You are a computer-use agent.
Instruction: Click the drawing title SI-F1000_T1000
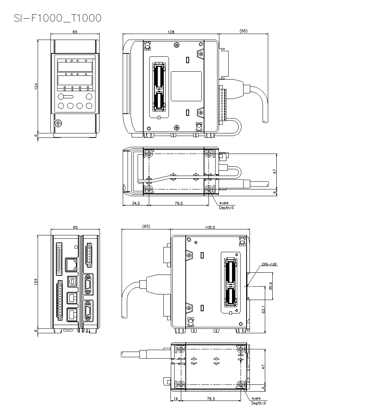[57, 18]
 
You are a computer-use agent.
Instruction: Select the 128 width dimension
[171, 32]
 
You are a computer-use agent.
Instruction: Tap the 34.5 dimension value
[136, 203]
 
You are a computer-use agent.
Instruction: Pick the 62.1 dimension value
[263, 309]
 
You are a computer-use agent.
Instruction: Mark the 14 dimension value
[176, 399]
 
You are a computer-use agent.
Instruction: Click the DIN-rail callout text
[270, 265]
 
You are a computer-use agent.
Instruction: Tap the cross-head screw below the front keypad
[58, 123]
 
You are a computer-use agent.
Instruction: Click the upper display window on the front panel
[75, 67]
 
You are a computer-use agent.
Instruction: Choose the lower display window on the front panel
[75, 80]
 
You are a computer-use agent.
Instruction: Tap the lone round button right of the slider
[89, 97]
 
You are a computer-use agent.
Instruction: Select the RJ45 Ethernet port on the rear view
[70, 265]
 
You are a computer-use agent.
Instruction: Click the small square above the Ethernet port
[76, 247]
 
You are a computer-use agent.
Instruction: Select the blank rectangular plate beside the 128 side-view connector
[186, 87]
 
